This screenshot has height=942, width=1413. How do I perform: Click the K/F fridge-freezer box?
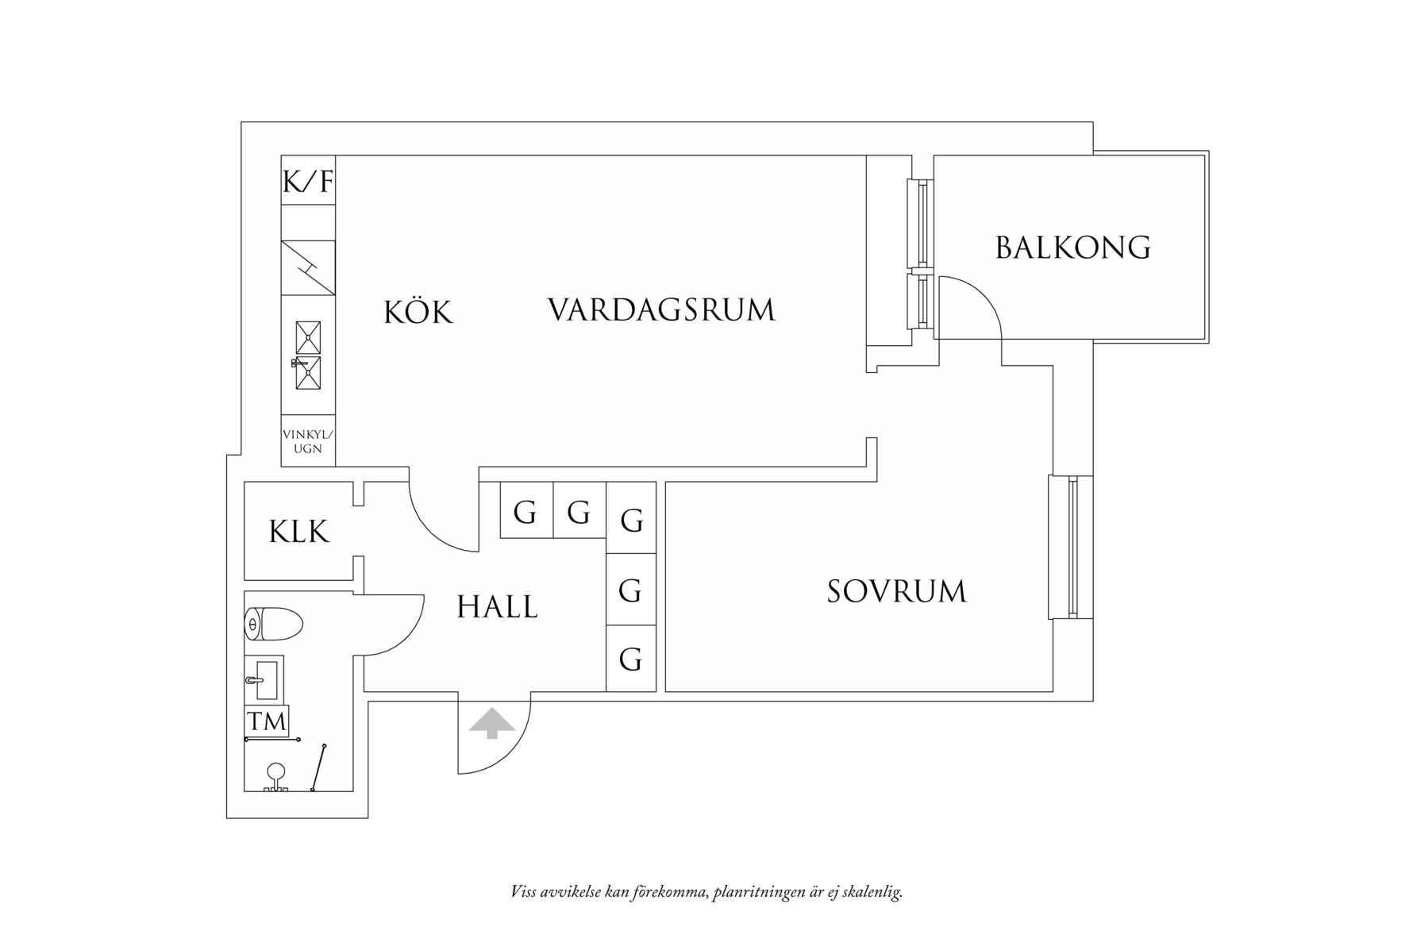coord(308,182)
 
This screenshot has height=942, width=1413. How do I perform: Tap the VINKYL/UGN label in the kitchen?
coord(308,441)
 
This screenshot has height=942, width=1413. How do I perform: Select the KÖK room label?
coord(418,313)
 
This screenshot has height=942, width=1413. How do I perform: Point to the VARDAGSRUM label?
coord(660,310)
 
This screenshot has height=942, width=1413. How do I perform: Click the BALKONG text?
coord(1072,248)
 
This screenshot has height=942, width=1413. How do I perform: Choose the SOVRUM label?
coord(896,592)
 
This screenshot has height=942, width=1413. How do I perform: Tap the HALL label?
coord(497,608)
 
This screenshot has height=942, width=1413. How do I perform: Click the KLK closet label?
coord(298,532)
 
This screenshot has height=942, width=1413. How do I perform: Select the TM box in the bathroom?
coord(267,721)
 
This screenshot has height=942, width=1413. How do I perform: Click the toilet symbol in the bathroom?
coord(273,624)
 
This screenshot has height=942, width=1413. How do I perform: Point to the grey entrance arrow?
coord(492,723)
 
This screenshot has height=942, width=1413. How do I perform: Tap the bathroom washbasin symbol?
coord(265,679)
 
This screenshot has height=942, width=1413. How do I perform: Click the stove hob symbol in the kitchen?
coord(308,268)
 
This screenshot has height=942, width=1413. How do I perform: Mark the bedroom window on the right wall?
coord(1072,547)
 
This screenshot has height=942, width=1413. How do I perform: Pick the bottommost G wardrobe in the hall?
coord(630,659)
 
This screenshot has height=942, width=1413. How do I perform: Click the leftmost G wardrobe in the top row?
coord(526,512)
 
